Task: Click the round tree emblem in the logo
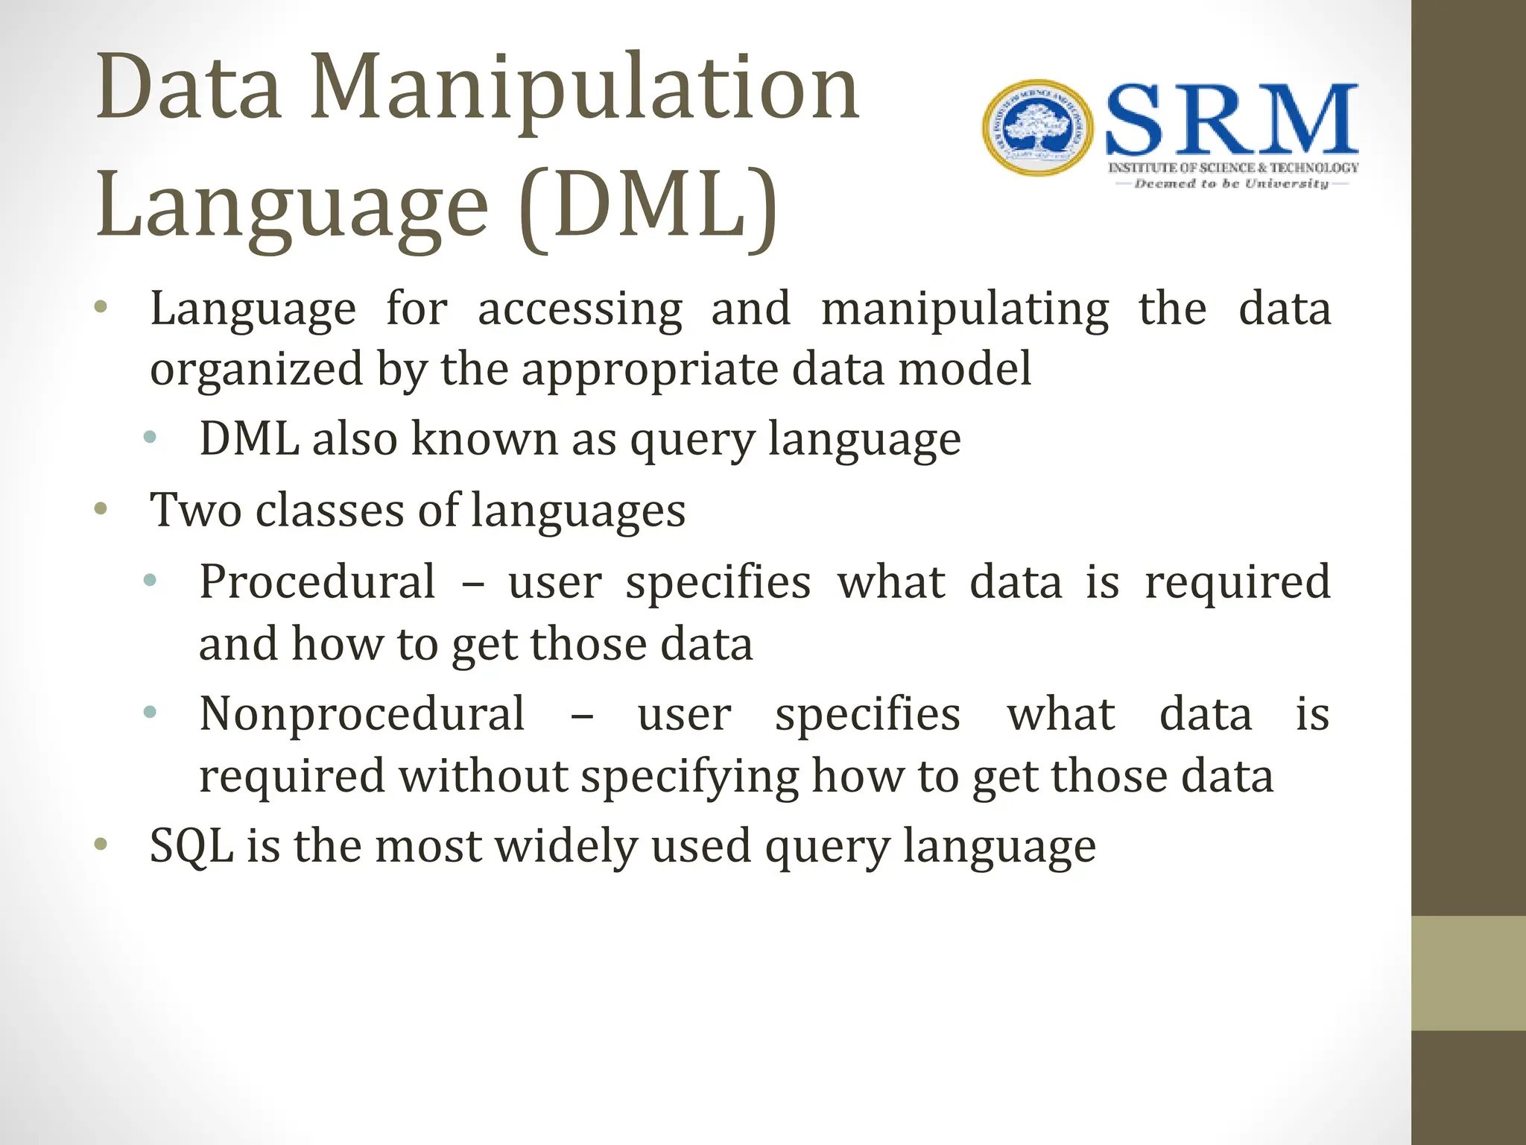tap(1038, 128)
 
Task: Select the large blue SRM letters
tap(1231, 121)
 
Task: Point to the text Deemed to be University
tap(1231, 183)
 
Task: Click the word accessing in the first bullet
tap(580, 309)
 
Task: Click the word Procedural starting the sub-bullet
tap(317, 581)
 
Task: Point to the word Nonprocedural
tap(362, 714)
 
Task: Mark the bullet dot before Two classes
tap(101, 511)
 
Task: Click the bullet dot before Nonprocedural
tap(150, 713)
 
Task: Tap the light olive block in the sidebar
tap(1468, 973)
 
